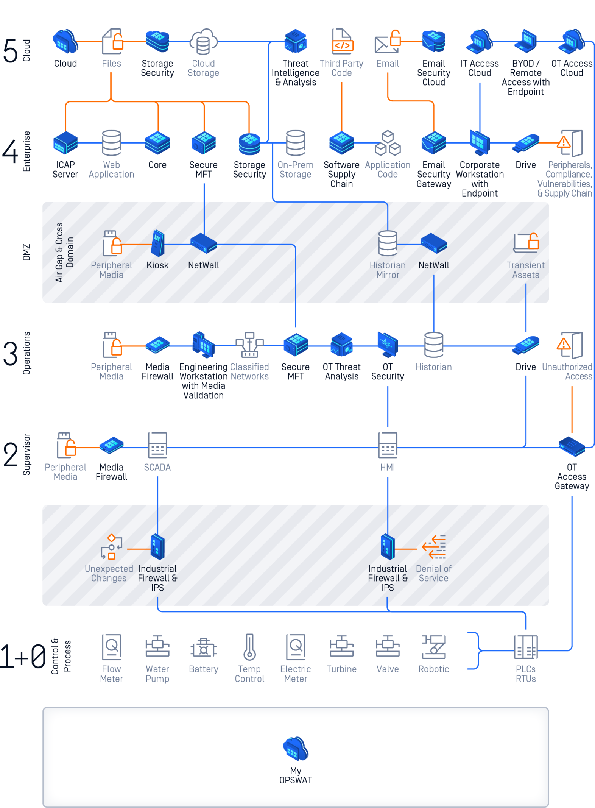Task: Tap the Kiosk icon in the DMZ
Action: tap(157, 243)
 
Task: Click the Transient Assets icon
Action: tap(526, 242)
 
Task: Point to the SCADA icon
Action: tap(157, 445)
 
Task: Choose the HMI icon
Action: tap(388, 445)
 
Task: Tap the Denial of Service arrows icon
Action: tap(434, 547)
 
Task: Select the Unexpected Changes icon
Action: tap(111, 547)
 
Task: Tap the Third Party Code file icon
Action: tap(342, 41)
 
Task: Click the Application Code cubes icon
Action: tap(388, 143)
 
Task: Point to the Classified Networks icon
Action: tap(249, 345)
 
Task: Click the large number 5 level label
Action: tap(10, 50)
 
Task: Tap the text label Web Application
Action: tap(111, 170)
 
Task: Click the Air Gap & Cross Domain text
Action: tap(64, 252)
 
